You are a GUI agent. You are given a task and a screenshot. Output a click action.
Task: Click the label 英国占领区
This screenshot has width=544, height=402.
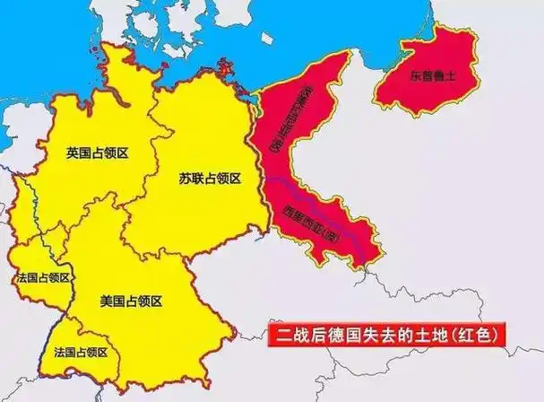point(98,153)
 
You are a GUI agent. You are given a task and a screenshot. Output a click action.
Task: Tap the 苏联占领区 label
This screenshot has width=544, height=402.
point(209,179)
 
